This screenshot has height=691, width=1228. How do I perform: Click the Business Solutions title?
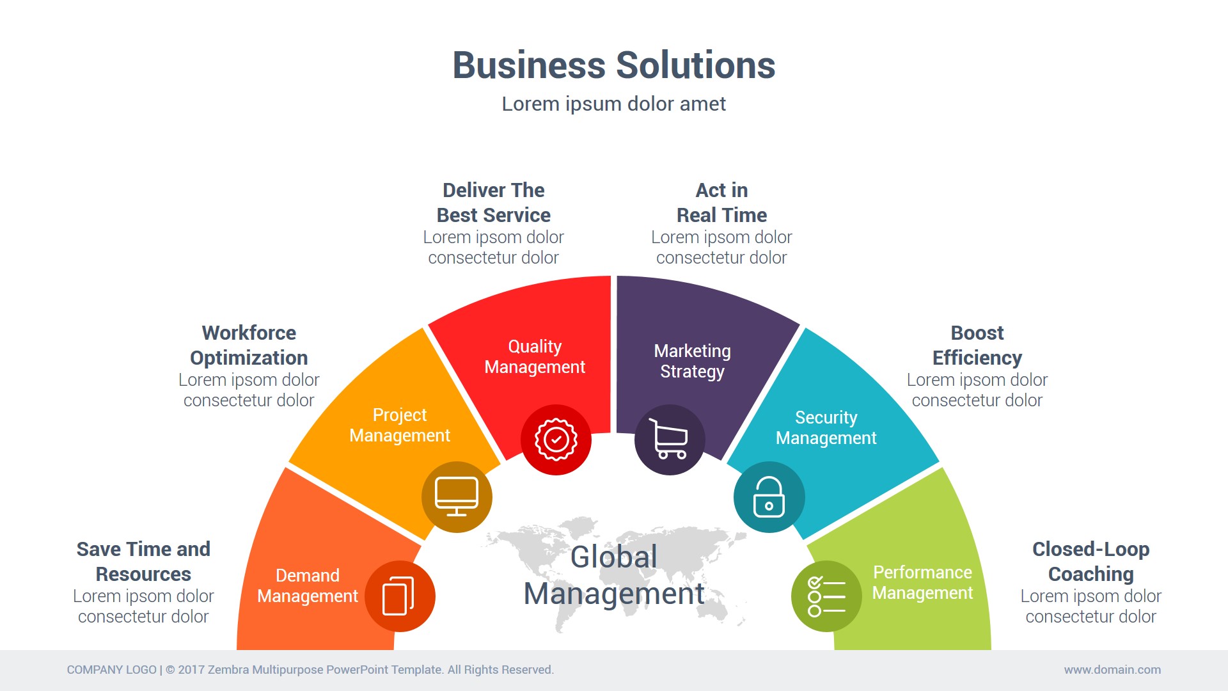[613, 65]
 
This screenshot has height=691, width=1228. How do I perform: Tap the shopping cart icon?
[669, 440]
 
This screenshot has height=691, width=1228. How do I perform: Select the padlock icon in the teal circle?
[769, 497]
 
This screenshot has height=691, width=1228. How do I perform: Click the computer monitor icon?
[457, 496]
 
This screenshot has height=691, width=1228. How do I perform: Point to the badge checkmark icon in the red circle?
[556, 440]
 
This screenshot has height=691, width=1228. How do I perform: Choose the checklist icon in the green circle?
[826, 596]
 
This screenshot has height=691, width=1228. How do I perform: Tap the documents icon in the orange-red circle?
[399, 596]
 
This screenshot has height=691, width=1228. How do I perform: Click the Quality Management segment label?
[535, 357]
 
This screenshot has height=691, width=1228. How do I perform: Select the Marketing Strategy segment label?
[692, 361]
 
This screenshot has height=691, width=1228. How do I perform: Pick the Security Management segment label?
[826, 428]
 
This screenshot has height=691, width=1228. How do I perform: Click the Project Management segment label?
[400, 425]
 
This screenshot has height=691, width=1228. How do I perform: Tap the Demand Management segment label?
[308, 586]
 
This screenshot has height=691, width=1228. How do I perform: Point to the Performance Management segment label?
[922, 583]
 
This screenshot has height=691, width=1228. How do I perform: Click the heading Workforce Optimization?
[249, 345]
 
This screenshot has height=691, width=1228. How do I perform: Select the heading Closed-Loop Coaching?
[1090, 562]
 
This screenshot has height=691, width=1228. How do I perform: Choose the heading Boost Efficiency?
[977, 345]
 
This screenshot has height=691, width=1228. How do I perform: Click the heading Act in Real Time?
[721, 203]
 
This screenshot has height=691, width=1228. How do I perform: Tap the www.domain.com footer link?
[1112, 670]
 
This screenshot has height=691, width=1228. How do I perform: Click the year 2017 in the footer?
[191, 670]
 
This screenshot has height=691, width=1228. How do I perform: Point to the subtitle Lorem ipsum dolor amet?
[613, 104]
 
